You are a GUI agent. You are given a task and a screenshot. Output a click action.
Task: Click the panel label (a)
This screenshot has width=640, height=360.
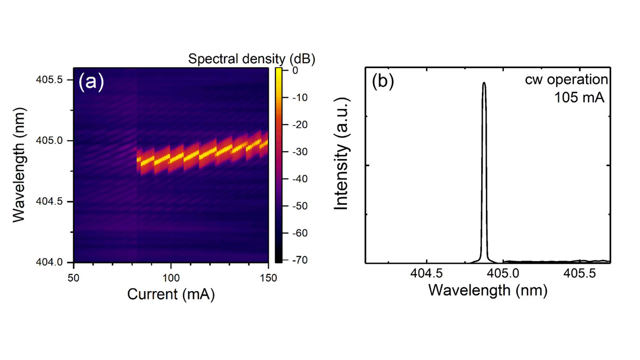pos(91,81)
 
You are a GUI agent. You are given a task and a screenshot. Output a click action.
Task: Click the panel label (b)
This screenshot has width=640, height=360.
pos(383,81)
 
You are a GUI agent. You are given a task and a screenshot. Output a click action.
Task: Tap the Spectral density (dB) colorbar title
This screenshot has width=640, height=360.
pos(251,59)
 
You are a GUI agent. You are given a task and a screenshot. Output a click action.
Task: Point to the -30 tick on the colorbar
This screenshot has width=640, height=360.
pos(300,152)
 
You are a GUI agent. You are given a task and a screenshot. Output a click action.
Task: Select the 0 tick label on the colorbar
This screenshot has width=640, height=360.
pos(295,70)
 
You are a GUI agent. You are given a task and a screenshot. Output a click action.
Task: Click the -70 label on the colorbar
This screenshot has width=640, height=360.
pos(300,260)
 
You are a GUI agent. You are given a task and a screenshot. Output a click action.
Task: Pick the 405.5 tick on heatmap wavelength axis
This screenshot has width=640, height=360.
pos(49,80)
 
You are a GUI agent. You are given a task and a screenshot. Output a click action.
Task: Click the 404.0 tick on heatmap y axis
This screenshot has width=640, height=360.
pos(49,262)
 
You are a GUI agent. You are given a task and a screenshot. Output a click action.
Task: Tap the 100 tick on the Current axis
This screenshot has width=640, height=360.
pos(171,278)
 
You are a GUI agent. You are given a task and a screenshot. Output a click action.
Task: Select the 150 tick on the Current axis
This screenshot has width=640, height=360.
pos(268,278)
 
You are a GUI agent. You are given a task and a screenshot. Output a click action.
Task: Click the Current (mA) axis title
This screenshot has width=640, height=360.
pos(171,294)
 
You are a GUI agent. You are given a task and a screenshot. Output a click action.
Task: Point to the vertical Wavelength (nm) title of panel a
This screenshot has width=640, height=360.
pos(19,165)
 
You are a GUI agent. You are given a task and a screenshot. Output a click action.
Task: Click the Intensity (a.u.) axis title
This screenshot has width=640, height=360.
pos(341,154)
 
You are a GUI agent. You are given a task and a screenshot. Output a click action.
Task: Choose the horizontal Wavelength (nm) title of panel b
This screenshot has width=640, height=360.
pos(488,290)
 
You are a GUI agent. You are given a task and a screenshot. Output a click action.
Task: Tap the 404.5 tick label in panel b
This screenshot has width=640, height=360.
pos(426,273)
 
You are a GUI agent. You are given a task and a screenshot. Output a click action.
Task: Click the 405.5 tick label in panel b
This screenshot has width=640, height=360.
pos(579,273)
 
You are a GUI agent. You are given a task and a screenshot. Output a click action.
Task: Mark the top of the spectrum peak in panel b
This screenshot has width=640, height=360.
pos(484,83)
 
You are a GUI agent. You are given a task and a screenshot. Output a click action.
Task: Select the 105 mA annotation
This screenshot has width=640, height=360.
pos(579,97)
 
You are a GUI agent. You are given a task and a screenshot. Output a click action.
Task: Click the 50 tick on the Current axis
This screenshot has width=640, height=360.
pos(73,278)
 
